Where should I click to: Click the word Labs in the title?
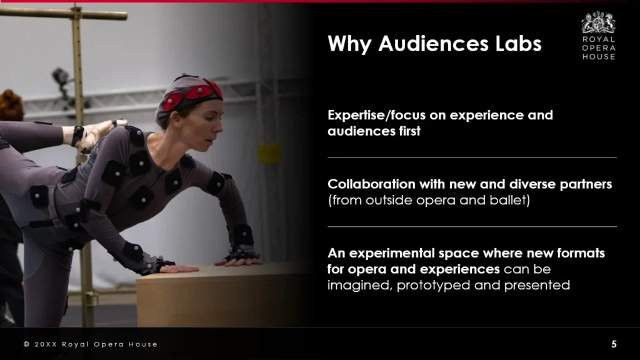coord(518,44)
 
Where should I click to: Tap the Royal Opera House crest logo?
coord(598,22)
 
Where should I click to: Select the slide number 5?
coord(614,344)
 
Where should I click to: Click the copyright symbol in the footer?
coord(26,344)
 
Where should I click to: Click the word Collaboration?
coord(371,184)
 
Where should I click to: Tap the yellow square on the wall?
coord(270,154)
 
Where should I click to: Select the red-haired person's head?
coord(11,105)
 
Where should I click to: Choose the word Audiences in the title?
coord(433,44)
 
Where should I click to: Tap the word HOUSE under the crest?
coord(599,57)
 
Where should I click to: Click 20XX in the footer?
coord(46,344)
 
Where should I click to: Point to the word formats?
coord(581,254)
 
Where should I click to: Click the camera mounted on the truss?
coord(61,77)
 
